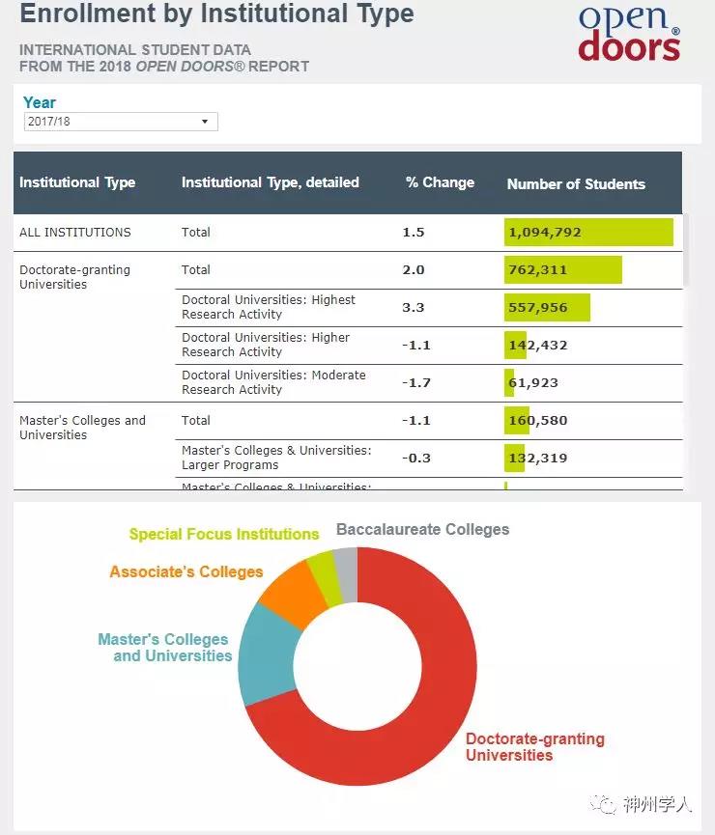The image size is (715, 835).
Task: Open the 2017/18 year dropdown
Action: click(121, 122)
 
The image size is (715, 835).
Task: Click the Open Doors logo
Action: click(629, 34)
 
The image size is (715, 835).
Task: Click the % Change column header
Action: click(440, 182)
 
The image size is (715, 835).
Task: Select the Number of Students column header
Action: click(576, 183)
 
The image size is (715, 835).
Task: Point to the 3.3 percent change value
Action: click(414, 308)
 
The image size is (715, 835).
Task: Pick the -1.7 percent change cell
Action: click(416, 382)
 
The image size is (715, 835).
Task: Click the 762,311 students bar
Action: click(562, 270)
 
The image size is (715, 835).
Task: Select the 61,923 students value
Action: click(532, 383)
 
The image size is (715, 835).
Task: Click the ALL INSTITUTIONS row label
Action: click(75, 233)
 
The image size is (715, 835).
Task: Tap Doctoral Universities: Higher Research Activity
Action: click(266, 345)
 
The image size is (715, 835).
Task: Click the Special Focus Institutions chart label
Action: click(224, 534)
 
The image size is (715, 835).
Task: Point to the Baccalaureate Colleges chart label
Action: click(422, 529)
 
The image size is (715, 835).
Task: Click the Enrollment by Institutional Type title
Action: click(216, 14)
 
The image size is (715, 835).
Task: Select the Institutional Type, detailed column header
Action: click(270, 182)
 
